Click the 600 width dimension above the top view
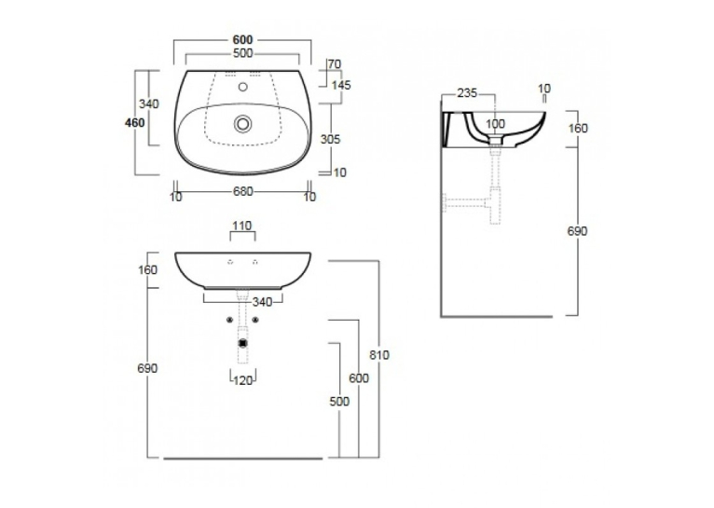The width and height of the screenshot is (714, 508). coord(242,40)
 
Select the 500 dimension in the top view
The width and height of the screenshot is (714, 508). coord(242,54)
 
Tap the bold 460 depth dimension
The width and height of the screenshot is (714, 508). coord(135,123)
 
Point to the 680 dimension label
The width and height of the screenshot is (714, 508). coord(242,192)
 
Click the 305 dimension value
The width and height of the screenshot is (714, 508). coord(330,139)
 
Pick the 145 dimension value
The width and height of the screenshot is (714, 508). coord(341,85)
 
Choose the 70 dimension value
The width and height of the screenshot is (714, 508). coord(335,64)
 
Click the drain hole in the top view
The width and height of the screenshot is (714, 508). coord(242,123)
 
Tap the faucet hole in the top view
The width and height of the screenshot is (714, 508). coord(242,87)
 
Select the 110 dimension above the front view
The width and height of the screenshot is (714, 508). coord(242,226)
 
